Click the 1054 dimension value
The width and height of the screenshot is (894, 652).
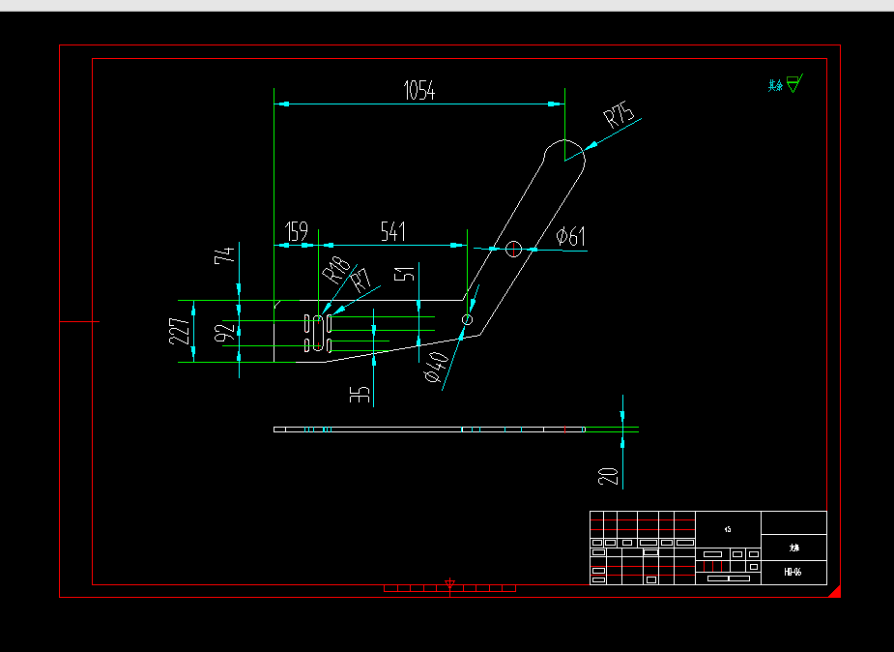(419, 92)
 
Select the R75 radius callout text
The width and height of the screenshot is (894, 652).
(620, 118)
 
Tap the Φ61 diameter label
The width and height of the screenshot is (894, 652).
(571, 236)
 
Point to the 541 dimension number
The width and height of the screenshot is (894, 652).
(392, 232)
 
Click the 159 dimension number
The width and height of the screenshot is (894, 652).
(297, 232)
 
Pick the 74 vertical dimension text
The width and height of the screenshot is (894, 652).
(224, 255)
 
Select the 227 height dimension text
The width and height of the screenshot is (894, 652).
(180, 331)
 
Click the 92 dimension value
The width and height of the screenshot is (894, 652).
(224, 334)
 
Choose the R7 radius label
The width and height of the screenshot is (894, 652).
(360, 282)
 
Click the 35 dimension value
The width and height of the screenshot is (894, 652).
(360, 395)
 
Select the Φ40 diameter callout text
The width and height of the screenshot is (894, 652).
(437, 368)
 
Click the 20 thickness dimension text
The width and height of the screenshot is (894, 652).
(608, 476)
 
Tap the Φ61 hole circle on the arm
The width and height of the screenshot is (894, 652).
(513, 249)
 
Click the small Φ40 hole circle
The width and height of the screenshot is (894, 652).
(468, 319)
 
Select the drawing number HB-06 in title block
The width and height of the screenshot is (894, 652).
(793, 573)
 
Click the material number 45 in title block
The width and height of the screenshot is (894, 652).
(728, 529)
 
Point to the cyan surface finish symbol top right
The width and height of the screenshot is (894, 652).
(793, 84)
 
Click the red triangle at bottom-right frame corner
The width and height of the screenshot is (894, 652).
(836, 591)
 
